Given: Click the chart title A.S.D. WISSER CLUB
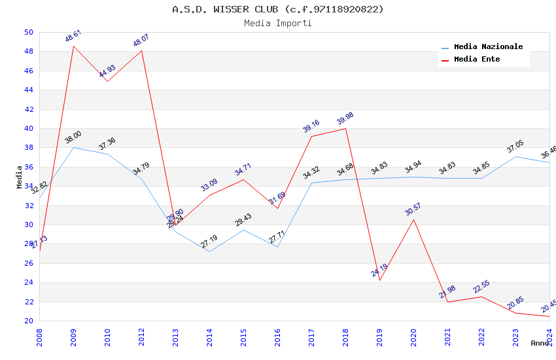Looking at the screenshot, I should pos(278,9).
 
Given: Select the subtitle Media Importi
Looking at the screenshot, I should pos(278,23).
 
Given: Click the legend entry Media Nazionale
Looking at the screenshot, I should pos(488,47).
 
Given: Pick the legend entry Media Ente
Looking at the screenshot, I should pos(477,59).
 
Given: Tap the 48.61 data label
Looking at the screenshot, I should pos(73,36).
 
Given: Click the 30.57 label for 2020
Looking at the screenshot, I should pos(413,209).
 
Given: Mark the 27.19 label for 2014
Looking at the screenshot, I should pos(209,242).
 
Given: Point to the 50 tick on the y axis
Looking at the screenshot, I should pos(28,32).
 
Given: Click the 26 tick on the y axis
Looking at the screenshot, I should pos(28,263).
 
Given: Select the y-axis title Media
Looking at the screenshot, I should pos(20,177).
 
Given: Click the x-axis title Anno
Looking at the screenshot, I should pos(540,343).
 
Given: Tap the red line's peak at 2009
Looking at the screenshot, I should pos(73,46).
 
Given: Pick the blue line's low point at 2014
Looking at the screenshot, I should pos(209,252).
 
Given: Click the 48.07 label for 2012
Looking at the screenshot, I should pos(141,41).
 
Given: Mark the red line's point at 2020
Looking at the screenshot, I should pos(413,219).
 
